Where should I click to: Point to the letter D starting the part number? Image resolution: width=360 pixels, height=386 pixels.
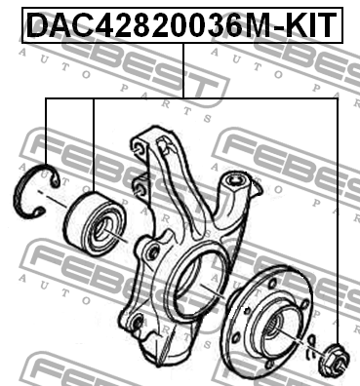[x=34, y=22]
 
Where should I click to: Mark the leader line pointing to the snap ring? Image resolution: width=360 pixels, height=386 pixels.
[x=45, y=136]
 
